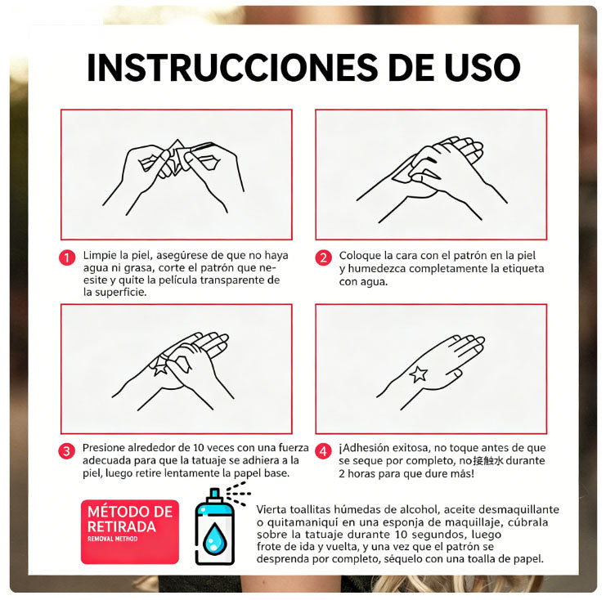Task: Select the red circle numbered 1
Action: point(68,257)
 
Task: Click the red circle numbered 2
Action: point(324,257)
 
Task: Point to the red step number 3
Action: point(68,450)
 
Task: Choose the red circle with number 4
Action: point(324,450)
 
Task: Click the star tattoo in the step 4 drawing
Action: point(418,374)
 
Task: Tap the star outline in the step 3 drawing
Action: point(159,367)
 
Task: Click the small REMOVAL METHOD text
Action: point(114,540)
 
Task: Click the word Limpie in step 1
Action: point(100,255)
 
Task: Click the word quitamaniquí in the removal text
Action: point(304,523)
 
